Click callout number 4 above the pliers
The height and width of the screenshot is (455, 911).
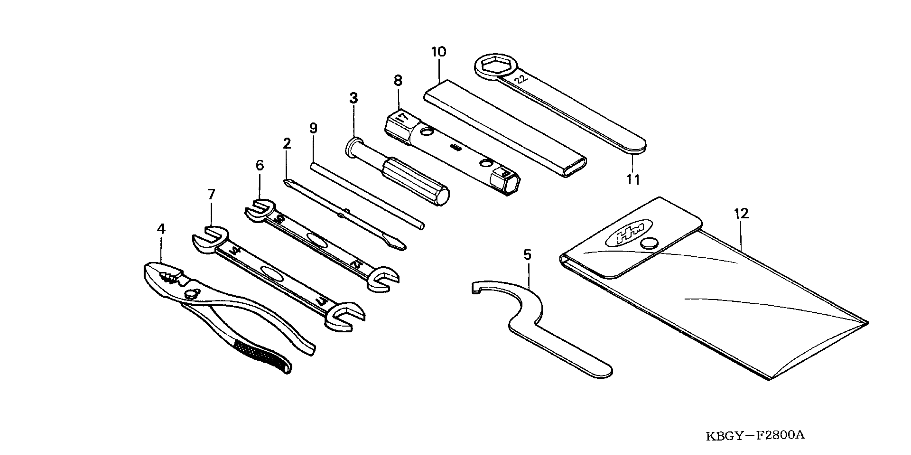click(x=161, y=229)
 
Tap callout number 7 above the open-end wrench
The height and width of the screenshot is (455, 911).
click(x=211, y=194)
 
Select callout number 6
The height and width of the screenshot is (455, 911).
click(x=260, y=165)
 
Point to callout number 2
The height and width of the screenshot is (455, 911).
click(x=287, y=143)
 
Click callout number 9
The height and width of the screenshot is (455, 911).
click(x=313, y=128)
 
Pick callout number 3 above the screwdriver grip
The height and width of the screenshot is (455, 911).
click(x=354, y=98)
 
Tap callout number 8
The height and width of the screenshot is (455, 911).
click(x=398, y=81)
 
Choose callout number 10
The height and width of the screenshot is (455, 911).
click(x=439, y=52)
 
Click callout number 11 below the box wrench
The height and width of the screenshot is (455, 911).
click(x=633, y=180)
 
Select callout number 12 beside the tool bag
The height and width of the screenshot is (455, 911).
click(x=741, y=214)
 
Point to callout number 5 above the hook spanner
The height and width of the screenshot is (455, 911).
click(x=527, y=255)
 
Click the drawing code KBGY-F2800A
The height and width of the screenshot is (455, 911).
click(x=755, y=435)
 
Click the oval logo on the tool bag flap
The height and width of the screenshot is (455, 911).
click(x=629, y=235)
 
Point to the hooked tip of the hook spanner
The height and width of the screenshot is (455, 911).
click(x=476, y=287)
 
